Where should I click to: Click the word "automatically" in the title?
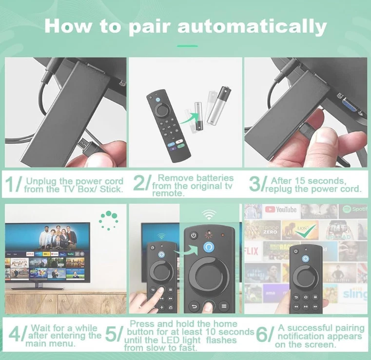coord(252,27)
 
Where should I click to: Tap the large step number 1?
coord(11,184)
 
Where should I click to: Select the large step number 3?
coord(255,184)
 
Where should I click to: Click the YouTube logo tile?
coord(281,209)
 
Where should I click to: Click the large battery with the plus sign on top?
coord(219,105)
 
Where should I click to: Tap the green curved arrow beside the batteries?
coord(189,118)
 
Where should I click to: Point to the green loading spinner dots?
coord(108,220)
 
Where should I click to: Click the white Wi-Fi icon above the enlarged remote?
coord(209,214)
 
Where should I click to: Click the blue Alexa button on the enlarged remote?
coord(209,247)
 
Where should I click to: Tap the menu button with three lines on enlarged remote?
coord(224,306)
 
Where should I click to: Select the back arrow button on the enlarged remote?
coord(194,306)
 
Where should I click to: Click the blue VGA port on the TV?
coord(350,105)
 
